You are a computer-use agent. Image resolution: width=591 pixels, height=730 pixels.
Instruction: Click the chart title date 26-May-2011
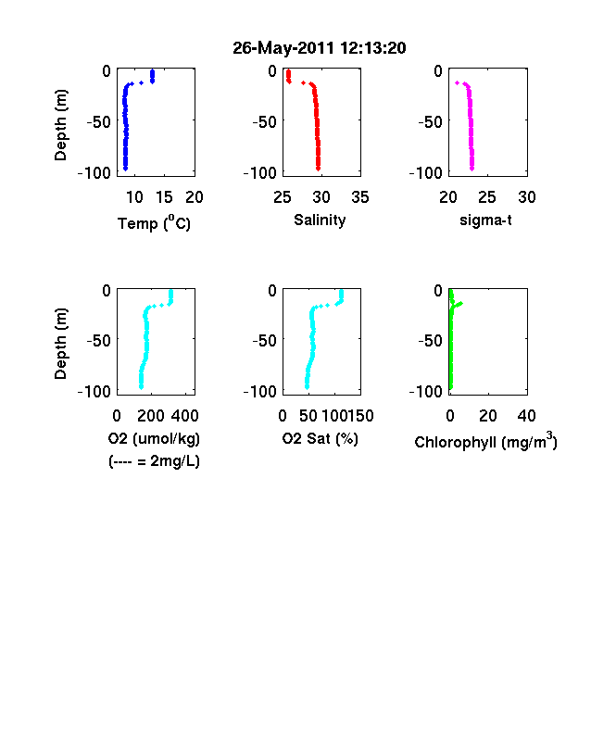(x=283, y=48)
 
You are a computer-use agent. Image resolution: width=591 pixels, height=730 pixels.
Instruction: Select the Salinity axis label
(x=320, y=220)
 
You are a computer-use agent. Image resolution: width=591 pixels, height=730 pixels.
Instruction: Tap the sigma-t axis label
(x=485, y=220)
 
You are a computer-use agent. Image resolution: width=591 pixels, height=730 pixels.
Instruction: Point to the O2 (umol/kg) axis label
(x=154, y=438)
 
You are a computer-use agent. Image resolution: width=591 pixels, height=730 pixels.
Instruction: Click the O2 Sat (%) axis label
(x=321, y=438)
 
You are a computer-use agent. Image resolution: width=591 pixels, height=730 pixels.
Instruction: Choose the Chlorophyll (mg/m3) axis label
(x=485, y=440)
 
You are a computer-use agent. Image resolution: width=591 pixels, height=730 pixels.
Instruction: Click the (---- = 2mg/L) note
(x=154, y=461)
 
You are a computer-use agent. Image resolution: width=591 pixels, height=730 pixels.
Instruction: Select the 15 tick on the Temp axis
(x=164, y=197)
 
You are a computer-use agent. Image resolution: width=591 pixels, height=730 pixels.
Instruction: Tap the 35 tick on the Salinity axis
(x=360, y=197)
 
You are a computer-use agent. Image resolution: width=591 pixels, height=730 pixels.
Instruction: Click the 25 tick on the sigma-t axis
(x=486, y=197)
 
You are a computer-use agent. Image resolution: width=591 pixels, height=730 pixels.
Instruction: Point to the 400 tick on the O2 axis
(x=184, y=416)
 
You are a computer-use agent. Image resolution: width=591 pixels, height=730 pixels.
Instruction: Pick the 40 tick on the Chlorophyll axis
(x=526, y=416)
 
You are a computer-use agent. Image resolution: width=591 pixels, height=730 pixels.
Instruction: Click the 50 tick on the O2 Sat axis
(x=308, y=416)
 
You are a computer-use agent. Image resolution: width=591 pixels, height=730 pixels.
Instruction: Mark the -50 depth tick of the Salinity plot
(x=264, y=122)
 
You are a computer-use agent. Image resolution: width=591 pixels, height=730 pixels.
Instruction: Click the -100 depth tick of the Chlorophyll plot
(x=425, y=392)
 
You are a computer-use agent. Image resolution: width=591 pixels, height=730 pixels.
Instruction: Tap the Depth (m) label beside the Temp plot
(x=60, y=125)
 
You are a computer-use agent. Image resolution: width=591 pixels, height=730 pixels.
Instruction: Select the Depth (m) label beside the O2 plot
(x=60, y=344)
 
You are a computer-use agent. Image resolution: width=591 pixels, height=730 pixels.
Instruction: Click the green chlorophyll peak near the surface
(x=459, y=304)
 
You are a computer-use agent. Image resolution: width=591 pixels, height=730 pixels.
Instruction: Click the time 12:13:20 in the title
(x=372, y=48)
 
